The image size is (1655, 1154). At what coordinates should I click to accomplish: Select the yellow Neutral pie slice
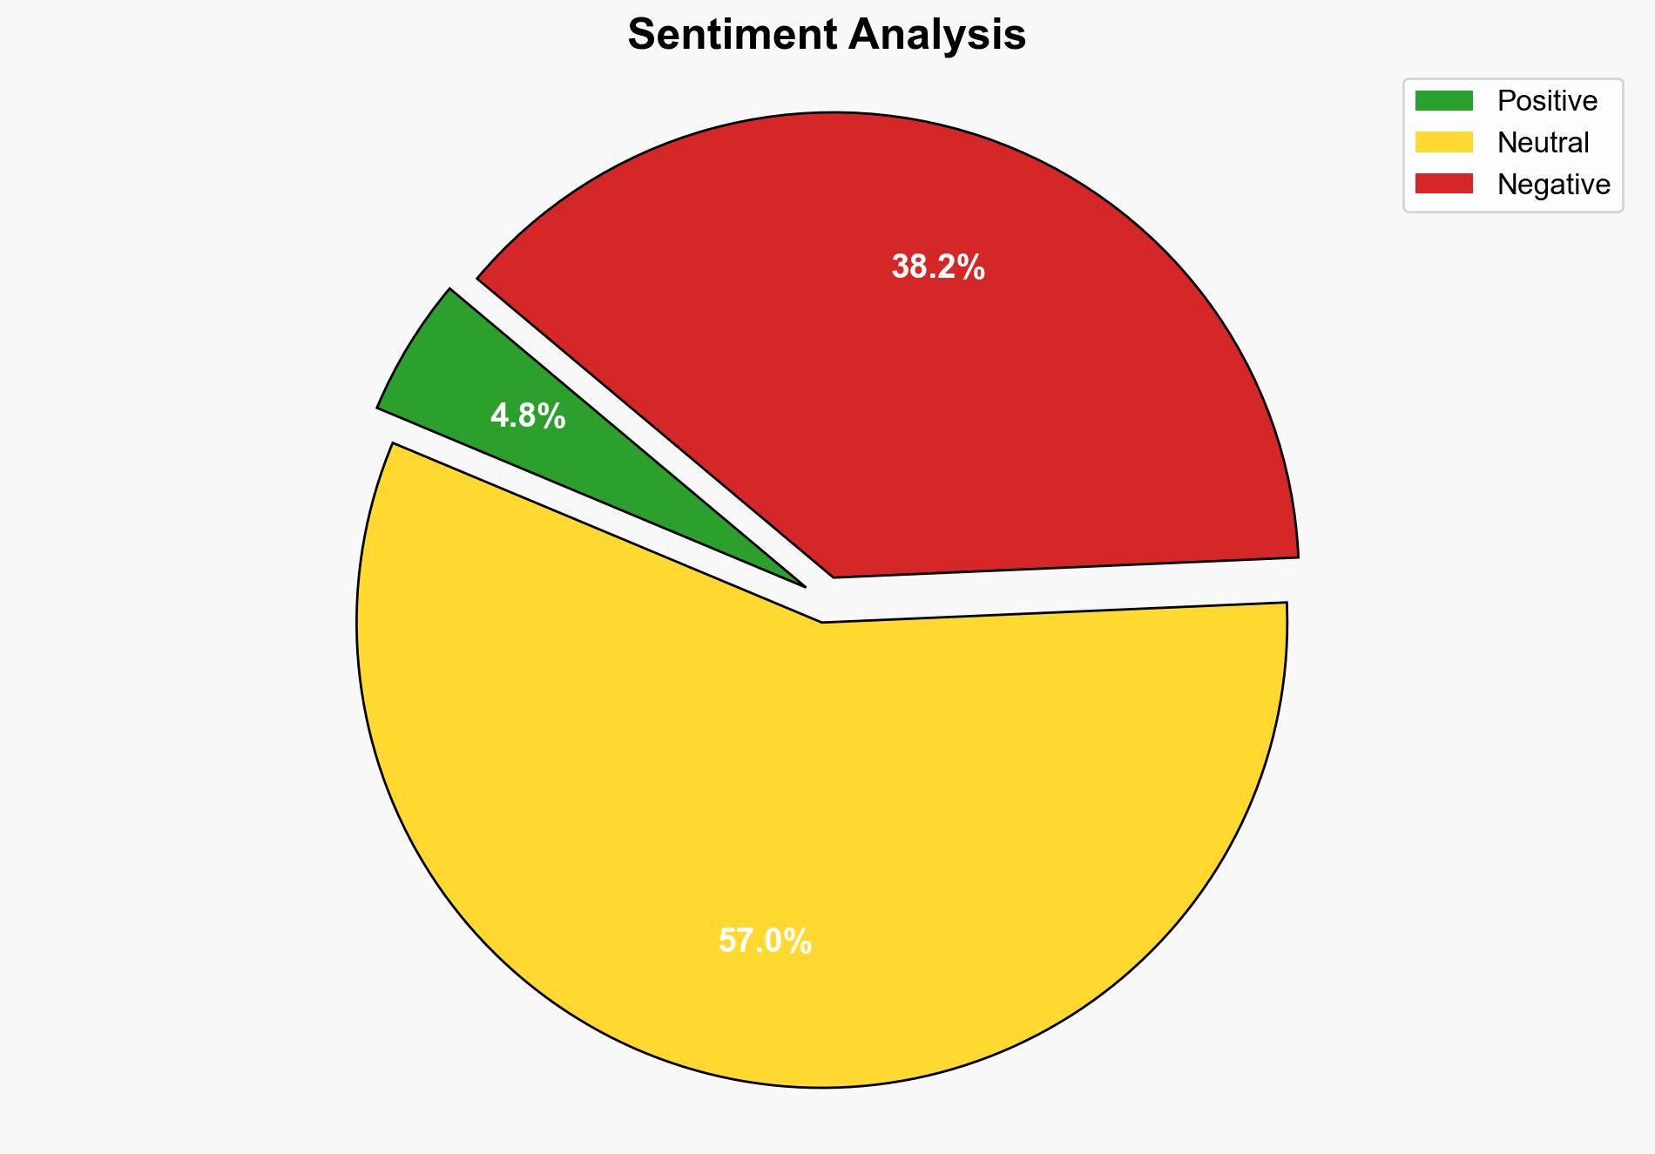tap(784, 827)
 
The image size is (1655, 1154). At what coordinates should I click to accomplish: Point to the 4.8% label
tap(528, 416)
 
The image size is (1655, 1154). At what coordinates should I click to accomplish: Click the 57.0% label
tap(765, 941)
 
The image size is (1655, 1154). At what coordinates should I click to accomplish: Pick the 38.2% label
tap(938, 267)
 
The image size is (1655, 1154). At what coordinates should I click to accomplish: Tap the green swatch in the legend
tap(1443, 101)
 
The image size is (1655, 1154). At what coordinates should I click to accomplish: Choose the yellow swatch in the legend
tap(1443, 142)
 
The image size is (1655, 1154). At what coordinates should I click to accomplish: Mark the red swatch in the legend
tap(1443, 184)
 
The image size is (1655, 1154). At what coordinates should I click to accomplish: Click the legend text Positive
tap(1547, 101)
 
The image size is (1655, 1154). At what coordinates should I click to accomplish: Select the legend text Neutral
tap(1543, 142)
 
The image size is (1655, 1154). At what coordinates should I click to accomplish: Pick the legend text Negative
tap(1553, 184)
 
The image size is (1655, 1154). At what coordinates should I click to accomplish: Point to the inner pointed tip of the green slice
tap(802, 585)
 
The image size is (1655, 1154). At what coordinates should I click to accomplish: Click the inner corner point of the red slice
tap(834, 576)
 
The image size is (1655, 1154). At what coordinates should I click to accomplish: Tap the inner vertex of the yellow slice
tap(822, 622)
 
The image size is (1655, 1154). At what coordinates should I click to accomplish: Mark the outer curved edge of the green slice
tap(409, 345)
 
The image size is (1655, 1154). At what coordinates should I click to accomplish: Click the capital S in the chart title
tap(640, 36)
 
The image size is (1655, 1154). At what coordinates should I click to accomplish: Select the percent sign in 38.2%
tap(974, 267)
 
